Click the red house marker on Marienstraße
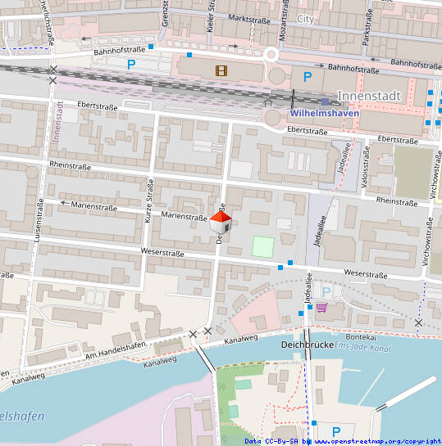click(221, 219)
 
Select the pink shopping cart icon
click(321, 307)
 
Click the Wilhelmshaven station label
click(325, 113)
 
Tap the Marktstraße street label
click(249, 17)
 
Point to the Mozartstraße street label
click(283, 21)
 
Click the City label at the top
click(305, 18)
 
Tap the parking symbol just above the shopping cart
click(326, 291)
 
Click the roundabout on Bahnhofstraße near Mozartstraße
click(271, 56)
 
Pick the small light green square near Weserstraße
click(262, 246)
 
